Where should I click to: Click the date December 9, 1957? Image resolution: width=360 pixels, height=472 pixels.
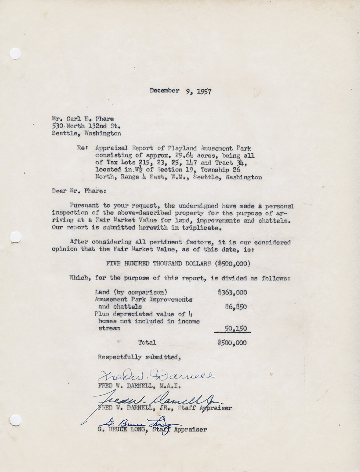(180, 91)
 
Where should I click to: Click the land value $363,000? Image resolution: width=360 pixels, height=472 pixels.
(232, 292)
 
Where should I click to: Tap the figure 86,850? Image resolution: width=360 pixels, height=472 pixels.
(236, 307)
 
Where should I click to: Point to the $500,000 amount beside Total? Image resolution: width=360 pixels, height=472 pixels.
(232, 343)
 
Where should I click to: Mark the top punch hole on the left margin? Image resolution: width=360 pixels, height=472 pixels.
(15, 53)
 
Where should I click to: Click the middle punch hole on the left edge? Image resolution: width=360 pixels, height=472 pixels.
(15, 237)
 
